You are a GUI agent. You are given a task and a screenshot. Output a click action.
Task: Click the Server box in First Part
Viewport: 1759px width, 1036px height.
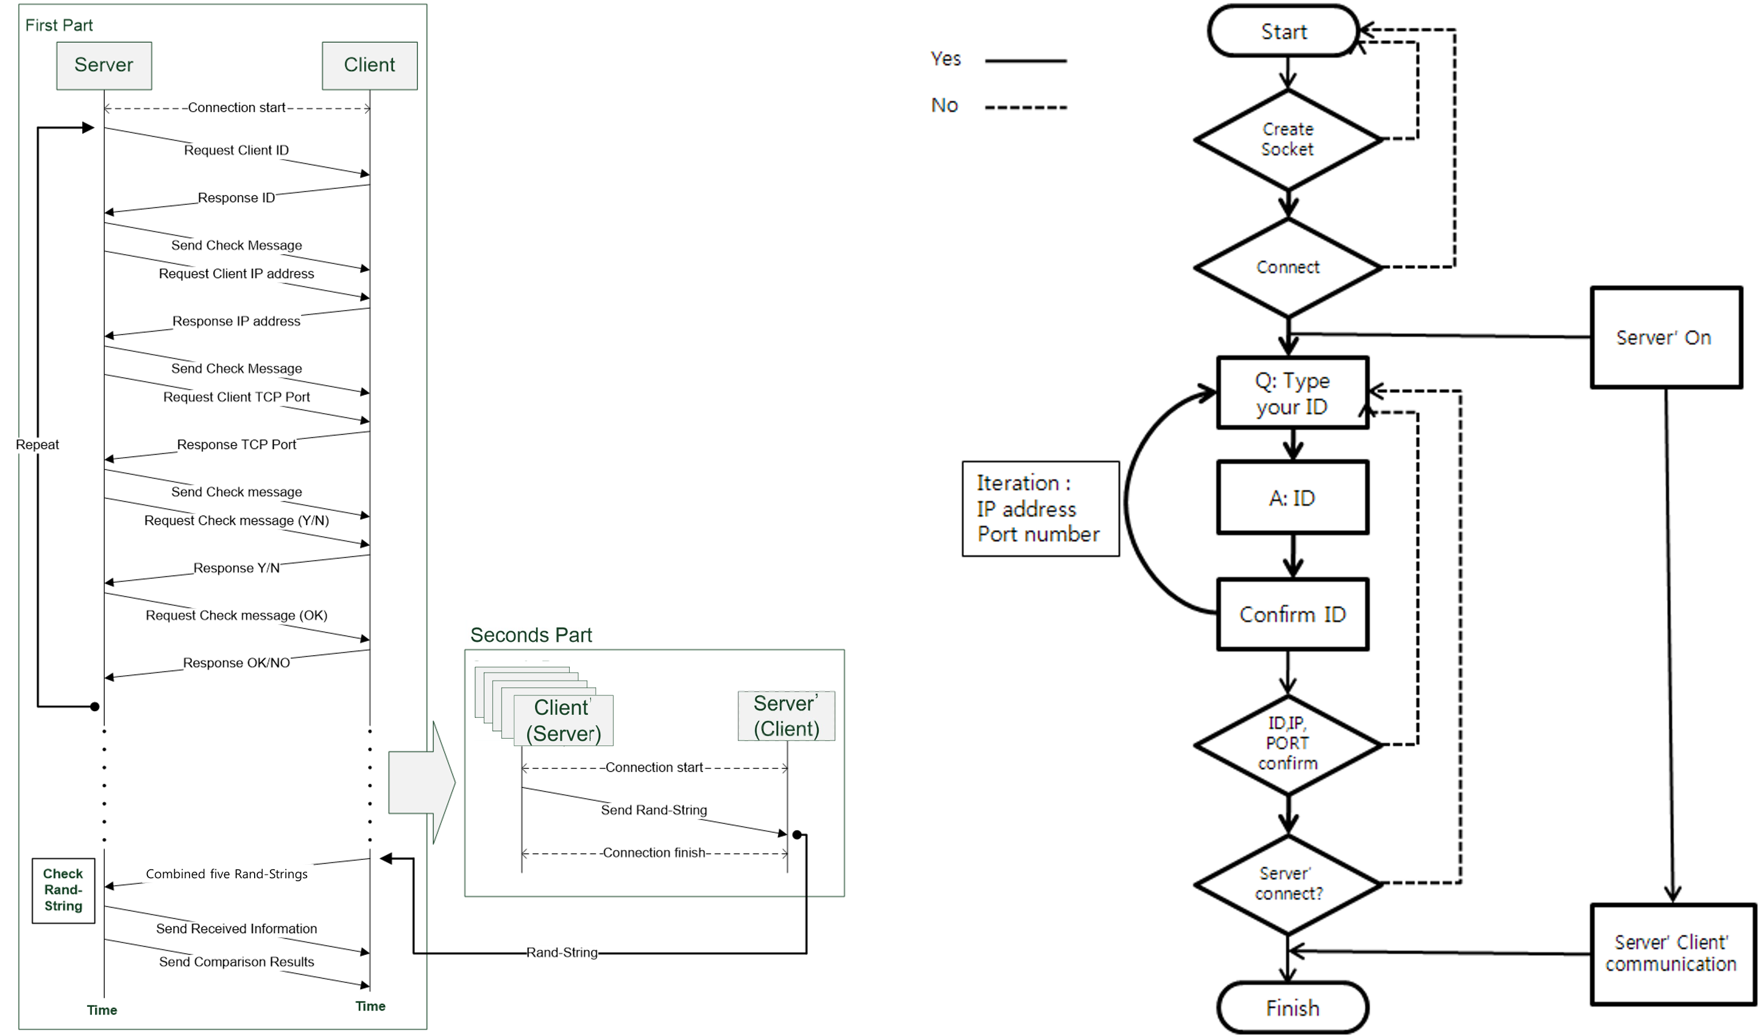pos(104,66)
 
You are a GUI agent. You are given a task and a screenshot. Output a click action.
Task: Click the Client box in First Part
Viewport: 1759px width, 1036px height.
pos(369,66)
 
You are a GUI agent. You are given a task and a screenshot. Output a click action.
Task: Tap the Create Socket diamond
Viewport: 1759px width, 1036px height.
pos(1288,139)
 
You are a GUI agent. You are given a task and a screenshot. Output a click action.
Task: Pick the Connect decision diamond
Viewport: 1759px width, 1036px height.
pos(1288,267)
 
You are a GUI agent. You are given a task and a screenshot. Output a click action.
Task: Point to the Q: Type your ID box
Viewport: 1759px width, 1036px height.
pos(1293,393)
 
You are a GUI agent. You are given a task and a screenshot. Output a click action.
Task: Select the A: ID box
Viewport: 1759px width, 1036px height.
pos(1293,498)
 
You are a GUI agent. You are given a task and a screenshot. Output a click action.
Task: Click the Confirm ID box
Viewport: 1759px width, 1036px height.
pos(1293,614)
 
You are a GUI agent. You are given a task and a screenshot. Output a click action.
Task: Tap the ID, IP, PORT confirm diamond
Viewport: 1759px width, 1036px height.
pos(1288,744)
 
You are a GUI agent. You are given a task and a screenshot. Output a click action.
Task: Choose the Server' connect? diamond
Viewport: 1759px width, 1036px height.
pos(1288,884)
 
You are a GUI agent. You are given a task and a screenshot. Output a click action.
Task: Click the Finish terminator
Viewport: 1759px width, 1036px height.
pos(1293,1007)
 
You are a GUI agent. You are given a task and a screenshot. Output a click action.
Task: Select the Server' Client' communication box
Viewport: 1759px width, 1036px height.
pos(1672,954)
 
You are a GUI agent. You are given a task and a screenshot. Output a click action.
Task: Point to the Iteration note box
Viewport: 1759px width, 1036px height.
pos(1040,509)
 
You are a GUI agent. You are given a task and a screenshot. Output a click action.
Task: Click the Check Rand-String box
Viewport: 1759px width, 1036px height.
pos(63,890)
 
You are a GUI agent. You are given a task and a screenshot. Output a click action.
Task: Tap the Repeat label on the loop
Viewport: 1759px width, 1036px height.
pos(38,445)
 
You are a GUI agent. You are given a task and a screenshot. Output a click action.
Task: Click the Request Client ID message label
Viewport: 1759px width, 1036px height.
pos(236,150)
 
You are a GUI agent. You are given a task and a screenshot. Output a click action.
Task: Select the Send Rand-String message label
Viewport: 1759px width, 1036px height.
pos(653,810)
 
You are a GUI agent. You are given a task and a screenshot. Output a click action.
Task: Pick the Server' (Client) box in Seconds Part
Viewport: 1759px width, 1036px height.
pos(786,716)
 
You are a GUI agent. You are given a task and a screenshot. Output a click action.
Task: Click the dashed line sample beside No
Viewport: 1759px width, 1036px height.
pos(1025,107)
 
